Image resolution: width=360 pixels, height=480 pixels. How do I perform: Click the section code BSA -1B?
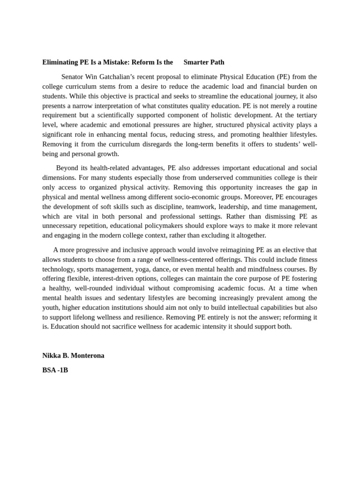click(x=55, y=370)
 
